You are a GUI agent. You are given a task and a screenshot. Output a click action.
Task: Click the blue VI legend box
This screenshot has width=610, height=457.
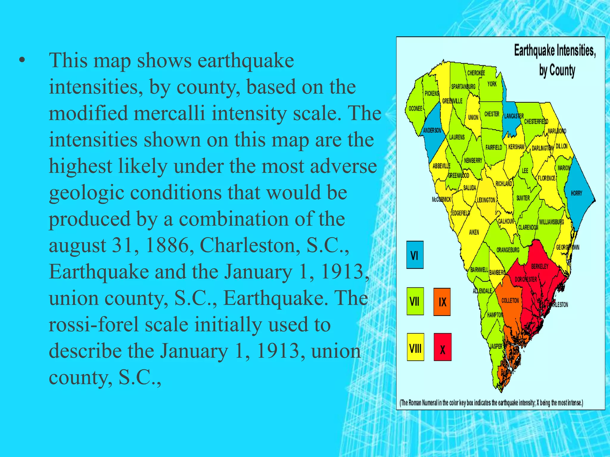415,255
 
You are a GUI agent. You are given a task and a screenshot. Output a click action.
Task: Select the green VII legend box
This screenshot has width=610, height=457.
415,301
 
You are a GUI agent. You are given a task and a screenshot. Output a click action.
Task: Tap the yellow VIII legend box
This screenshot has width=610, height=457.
415,347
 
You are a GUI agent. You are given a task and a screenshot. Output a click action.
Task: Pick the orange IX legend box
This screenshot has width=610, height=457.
442,302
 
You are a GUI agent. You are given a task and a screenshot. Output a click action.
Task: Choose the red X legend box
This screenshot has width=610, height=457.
442,347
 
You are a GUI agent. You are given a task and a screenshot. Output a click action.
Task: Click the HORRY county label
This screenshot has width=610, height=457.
576,193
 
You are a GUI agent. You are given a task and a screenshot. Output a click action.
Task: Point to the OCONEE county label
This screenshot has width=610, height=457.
415,109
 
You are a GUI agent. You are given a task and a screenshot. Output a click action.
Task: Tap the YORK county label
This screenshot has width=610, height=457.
492,84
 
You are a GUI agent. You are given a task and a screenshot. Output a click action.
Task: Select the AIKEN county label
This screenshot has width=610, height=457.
474,232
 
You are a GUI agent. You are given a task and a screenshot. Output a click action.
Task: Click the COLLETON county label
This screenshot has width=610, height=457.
510,301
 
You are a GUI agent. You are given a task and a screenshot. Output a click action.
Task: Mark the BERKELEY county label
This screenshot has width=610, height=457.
540,267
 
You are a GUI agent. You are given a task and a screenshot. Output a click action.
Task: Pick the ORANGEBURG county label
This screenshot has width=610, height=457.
508,250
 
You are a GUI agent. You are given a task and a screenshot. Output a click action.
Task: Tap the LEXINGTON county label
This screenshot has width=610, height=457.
486,200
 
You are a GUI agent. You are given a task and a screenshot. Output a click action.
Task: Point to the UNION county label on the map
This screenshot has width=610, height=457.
473,118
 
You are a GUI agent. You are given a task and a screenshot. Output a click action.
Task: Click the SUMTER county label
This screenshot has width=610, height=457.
523,198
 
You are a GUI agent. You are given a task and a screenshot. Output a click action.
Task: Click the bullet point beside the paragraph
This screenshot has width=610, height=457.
21,61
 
